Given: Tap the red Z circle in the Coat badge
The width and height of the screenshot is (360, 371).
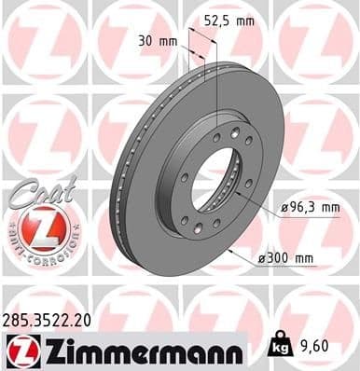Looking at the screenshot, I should click(x=37, y=227).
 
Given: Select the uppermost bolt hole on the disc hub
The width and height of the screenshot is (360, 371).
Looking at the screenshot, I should click(x=217, y=137).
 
